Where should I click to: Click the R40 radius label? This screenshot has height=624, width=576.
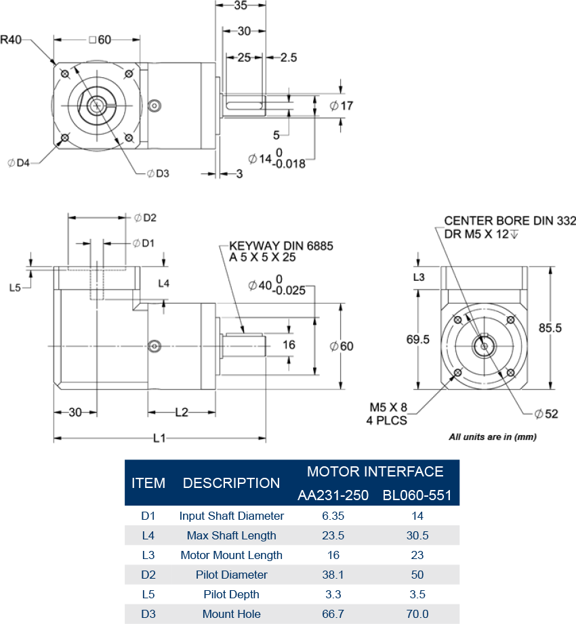tap(12, 39)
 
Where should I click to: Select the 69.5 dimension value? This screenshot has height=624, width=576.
tap(417, 340)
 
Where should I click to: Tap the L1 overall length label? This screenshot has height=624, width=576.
tap(159, 439)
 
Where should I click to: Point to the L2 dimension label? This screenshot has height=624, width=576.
tap(182, 411)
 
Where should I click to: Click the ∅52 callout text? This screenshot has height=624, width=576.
tap(546, 414)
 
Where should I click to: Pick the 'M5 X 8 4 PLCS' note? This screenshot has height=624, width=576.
tap(388, 413)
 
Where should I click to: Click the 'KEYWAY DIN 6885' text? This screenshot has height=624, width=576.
tap(281, 246)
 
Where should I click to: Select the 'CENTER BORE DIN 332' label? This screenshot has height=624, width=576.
tap(510, 221)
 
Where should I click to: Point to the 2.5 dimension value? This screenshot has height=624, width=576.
tap(288, 58)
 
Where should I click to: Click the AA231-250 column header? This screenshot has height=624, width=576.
tap(333, 495)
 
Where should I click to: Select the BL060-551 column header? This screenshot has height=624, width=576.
tap(417, 495)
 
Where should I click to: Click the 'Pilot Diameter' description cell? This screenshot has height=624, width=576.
tap(231, 575)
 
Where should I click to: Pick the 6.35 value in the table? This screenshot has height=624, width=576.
tap(333, 516)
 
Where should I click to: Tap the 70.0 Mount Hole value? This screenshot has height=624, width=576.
tap(417, 614)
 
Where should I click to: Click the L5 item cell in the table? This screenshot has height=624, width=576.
tap(148, 594)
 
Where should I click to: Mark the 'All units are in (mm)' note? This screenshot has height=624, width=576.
tap(493, 437)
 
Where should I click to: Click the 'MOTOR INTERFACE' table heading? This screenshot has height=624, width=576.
tap(375, 471)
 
